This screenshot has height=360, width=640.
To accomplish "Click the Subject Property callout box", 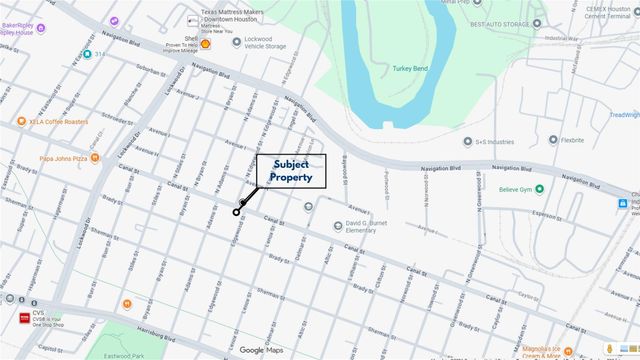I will [291, 171].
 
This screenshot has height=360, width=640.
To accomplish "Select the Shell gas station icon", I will [206, 44].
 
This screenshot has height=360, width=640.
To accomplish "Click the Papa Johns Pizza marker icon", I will [95, 158].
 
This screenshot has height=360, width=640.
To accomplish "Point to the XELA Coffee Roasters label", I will [59, 122].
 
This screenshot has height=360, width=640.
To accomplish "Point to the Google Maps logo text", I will [261, 349].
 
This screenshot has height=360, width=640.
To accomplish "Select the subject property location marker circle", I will [237, 212].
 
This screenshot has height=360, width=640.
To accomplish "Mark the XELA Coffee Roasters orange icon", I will [20, 122].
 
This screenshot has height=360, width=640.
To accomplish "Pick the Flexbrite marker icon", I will [552, 140].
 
